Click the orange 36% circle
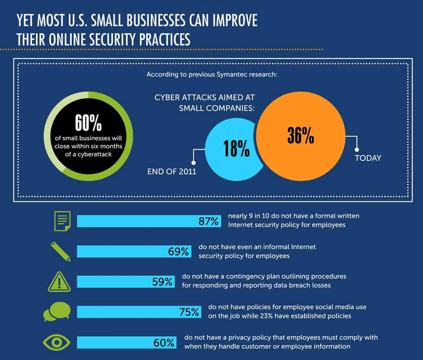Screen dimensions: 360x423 [x=301, y=136]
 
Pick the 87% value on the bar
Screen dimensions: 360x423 [x=208, y=221]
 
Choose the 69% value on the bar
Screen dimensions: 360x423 [x=178, y=251]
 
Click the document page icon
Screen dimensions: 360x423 [x=62, y=221]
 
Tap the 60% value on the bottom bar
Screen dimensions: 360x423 [x=163, y=342]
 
